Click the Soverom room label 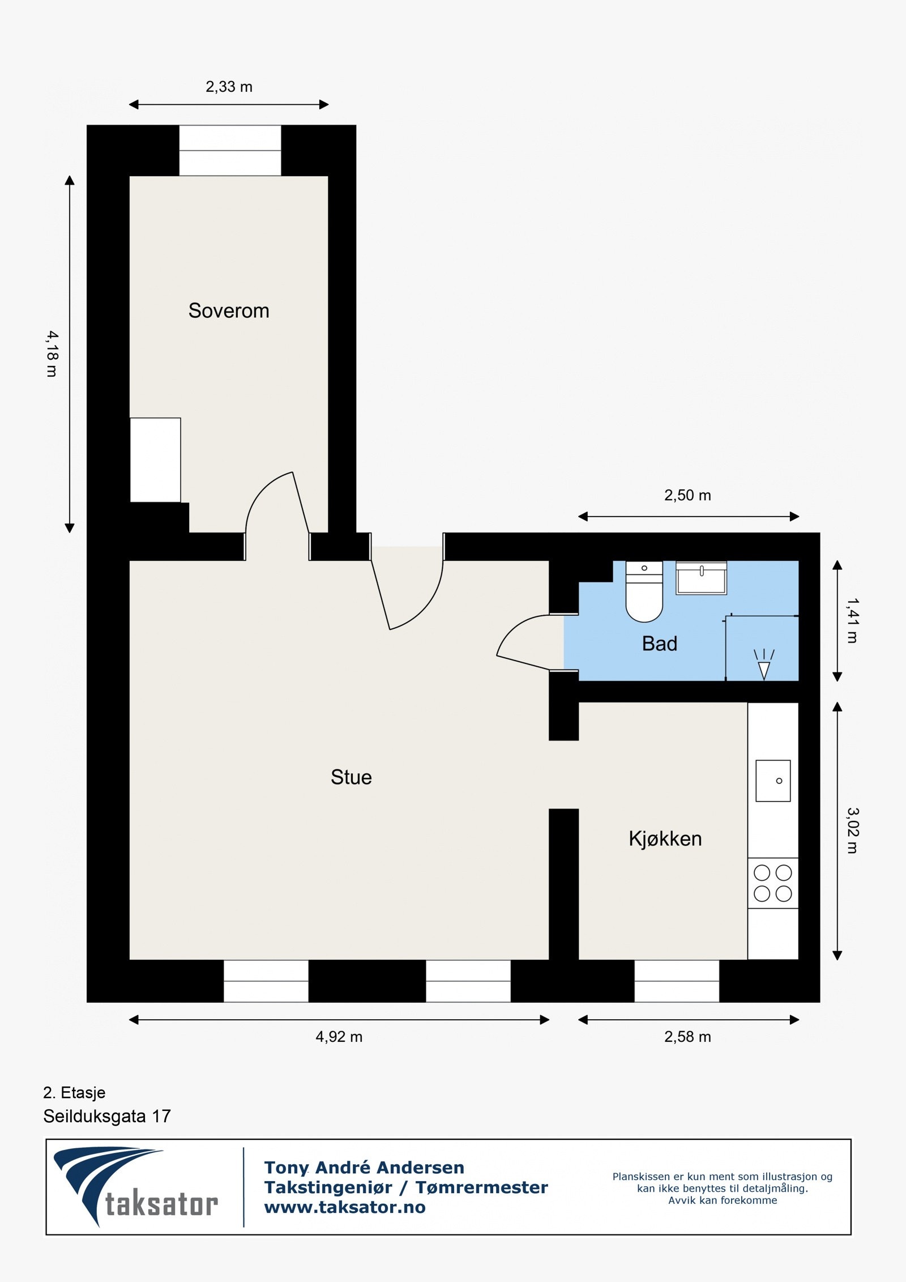(x=229, y=310)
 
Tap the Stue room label (x=351, y=777)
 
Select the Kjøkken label (x=665, y=838)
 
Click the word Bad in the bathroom (x=659, y=644)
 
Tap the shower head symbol (x=764, y=666)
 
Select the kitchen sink (x=773, y=781)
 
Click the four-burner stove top (x=773, y=883)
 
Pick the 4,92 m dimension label (x=339, y=1037)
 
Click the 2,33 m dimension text (x=229, y=87)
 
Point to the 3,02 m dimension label (x=853, y=830)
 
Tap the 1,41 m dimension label (x=853, y=620)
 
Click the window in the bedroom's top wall (x=230, y=151)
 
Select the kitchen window (x=677, y=981)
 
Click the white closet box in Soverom (x=155, y=460)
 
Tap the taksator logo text (x=161, y=1204)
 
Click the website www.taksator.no (x=345, y=1207)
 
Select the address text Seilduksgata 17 (x=106, y=1117)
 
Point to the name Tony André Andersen (x=364, y=1167)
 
